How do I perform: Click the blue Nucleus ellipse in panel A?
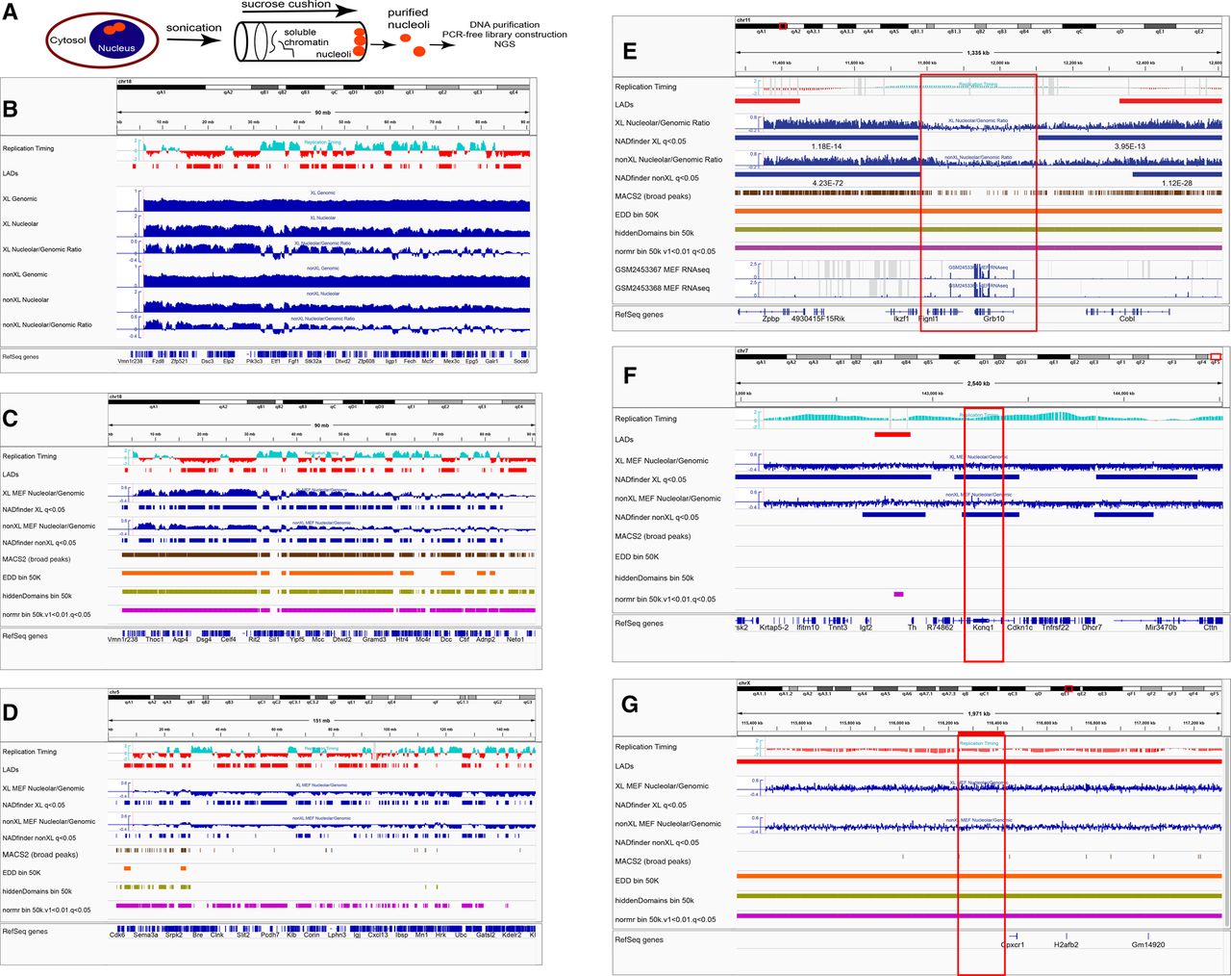pos(113,43)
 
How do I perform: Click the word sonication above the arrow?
pos(193,28)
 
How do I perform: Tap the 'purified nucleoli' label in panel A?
pos(408,19)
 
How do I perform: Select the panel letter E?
pos(630,51)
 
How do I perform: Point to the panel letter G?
pos(630,705)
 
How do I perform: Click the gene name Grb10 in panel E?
pos(993,320)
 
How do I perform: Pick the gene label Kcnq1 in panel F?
pos(983,628)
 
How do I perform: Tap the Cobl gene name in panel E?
pos(1127,320)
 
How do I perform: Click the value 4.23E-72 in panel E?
pos(827,183)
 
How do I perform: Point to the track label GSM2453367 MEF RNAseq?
pos(662,270)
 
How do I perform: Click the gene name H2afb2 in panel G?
pos(1068,944)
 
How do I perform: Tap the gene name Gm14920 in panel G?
pos(1148,944)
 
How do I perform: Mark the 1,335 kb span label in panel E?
pos(977,53)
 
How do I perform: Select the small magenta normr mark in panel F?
pos(898,594)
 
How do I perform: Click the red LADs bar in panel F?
pos(892,434)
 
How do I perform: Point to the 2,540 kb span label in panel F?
pos(977,384)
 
